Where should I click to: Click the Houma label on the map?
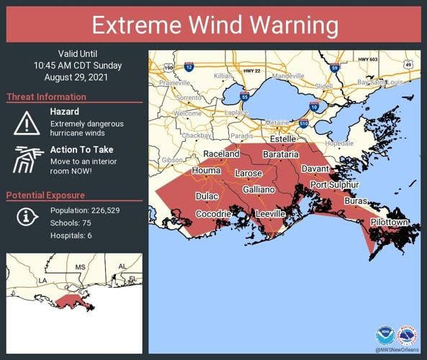205,171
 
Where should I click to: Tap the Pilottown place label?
390,222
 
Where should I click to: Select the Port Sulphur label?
334,185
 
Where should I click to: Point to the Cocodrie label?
213,215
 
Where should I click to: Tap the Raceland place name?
222,154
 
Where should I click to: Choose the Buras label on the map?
356,202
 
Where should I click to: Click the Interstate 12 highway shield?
188,66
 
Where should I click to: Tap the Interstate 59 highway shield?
335,68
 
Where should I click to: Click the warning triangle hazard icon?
27,122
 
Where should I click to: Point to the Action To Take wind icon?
27,159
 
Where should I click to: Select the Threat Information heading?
47,97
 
